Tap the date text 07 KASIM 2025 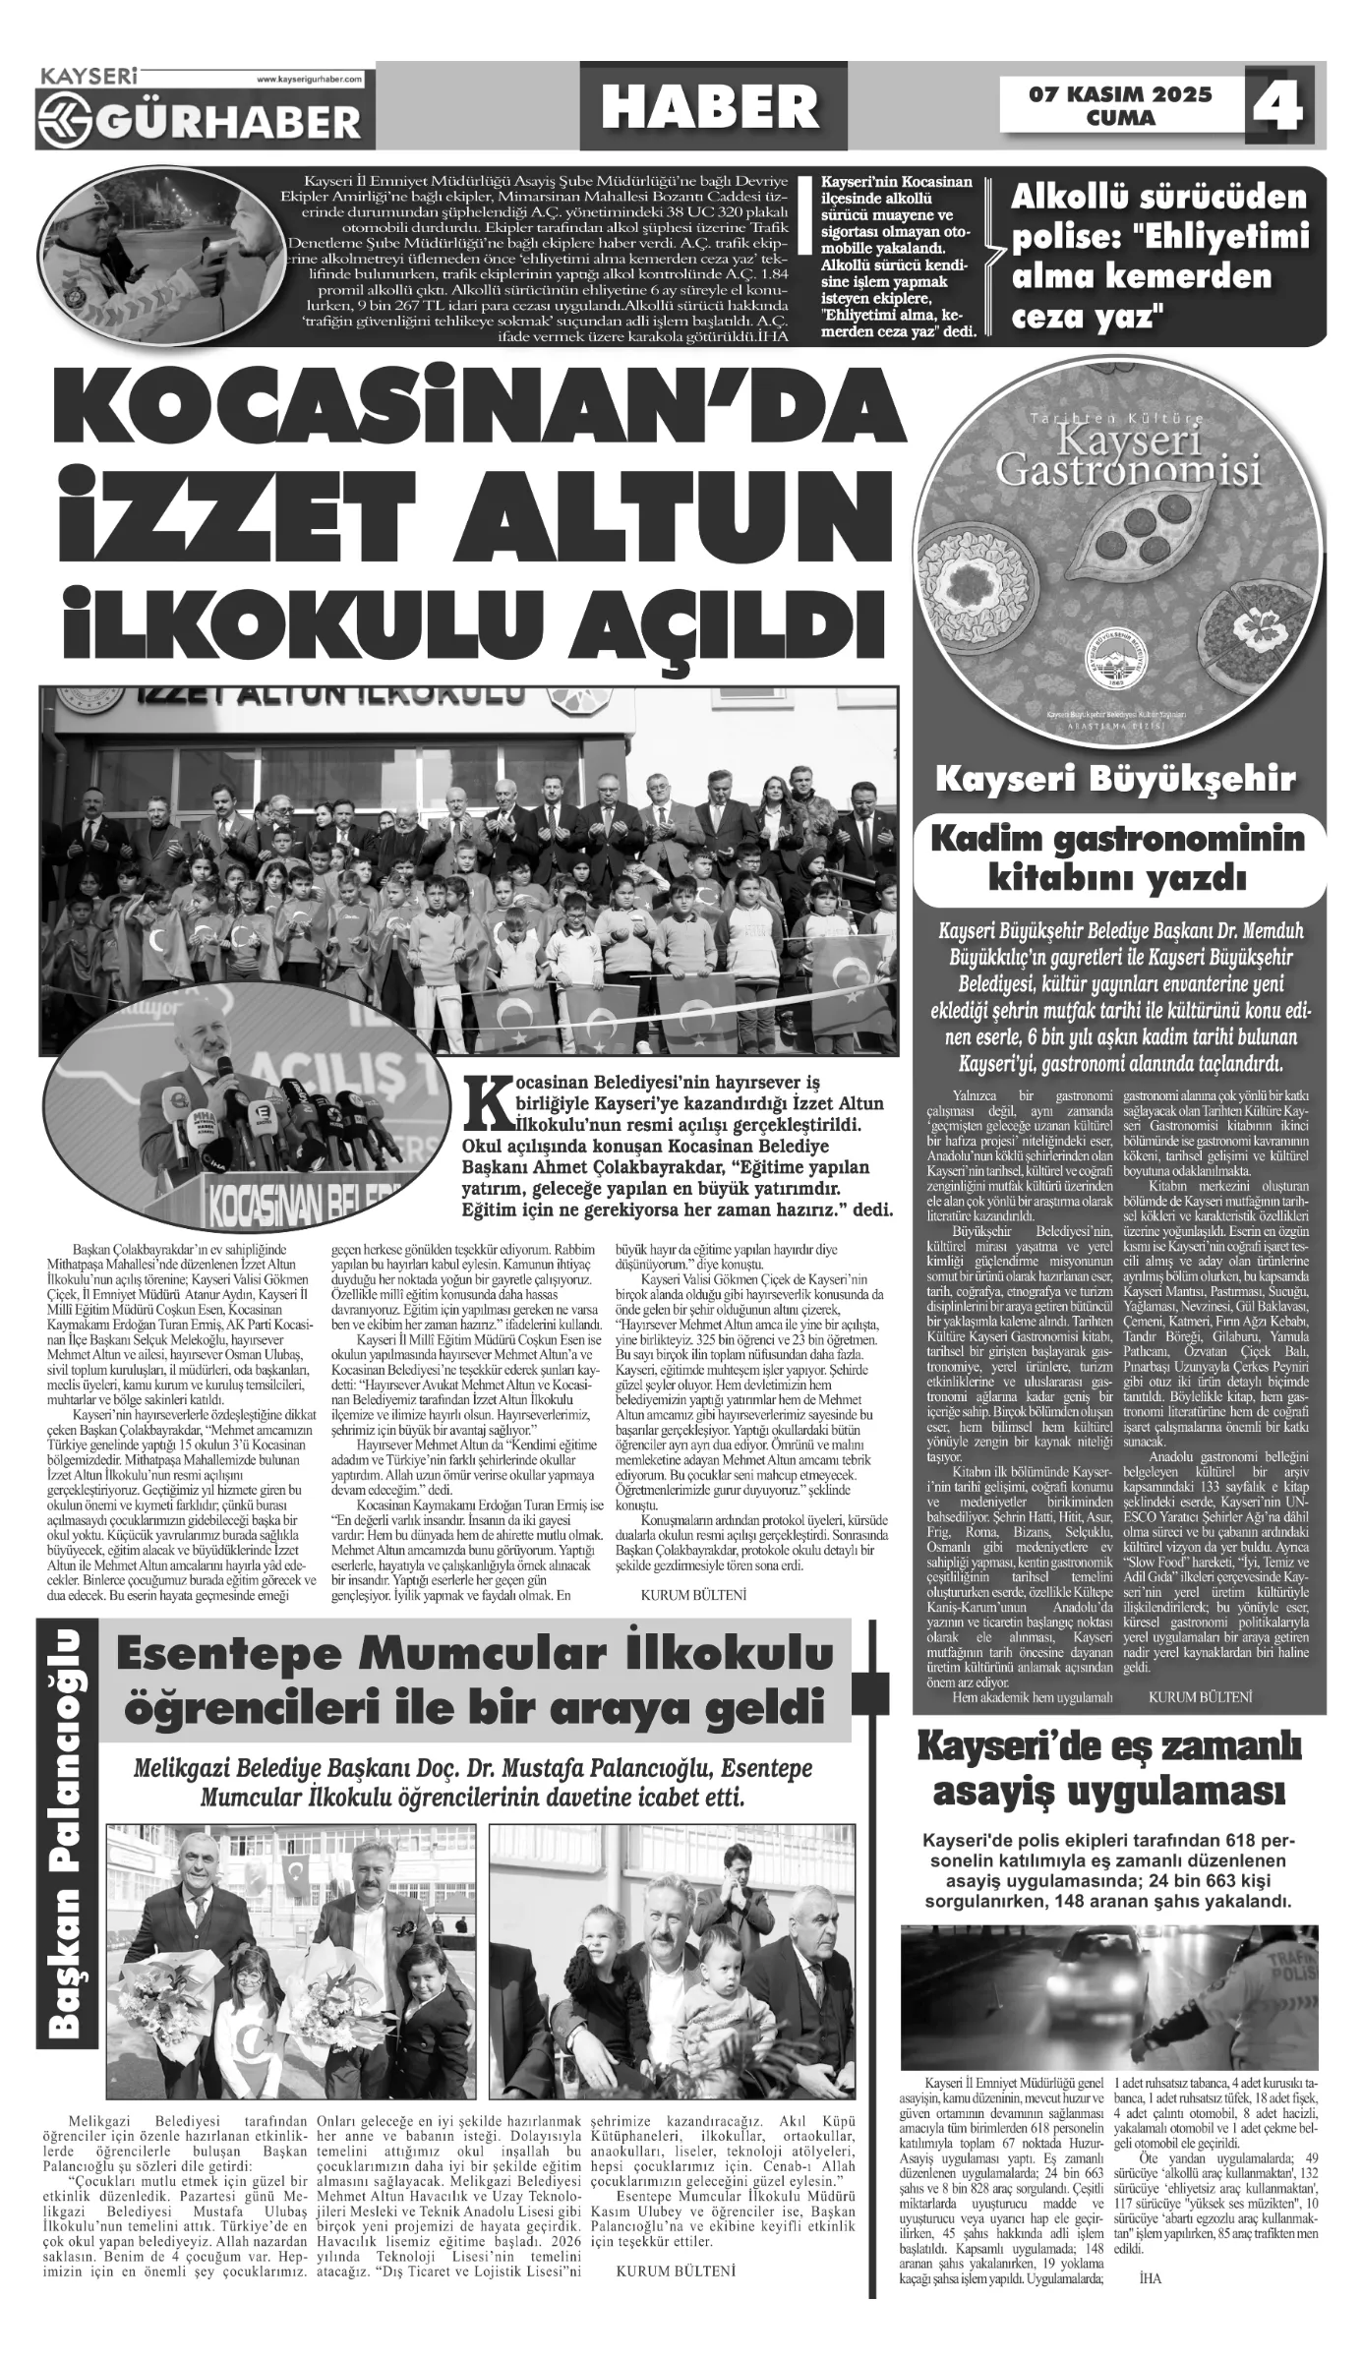pyautogui.click(x=1121, y=95)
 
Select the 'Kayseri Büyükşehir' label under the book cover pyautogui.click(x=1115, y=780)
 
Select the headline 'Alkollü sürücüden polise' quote pyautogui.click(x=1160, y=258)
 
